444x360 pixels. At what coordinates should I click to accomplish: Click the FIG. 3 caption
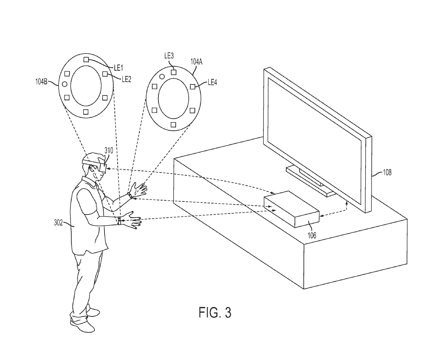[x=215, y=312]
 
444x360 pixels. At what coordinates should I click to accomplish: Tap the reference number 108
[x=387, y=172]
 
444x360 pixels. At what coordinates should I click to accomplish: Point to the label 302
[x=58, y=223]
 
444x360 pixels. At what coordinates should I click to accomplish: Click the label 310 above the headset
[x=109, y=150]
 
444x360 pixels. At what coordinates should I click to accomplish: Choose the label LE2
[x=126, y=79]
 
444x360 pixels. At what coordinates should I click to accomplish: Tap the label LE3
[x=169, y=56]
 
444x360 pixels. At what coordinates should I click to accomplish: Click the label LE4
[x=212, y=82]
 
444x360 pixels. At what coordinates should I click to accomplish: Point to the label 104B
[x=41, y=82]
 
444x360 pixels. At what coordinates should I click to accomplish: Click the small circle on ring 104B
[x=65, y=84]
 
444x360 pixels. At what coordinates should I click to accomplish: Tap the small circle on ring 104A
[x=162, y=76]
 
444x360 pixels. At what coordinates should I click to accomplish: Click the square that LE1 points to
[x=86, y=59]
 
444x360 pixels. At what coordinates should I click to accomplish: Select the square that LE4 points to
[x=192, y=86]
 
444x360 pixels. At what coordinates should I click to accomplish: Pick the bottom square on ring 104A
[x=173, y=124]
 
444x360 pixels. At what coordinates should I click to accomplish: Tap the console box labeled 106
[x=292, y=209]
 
